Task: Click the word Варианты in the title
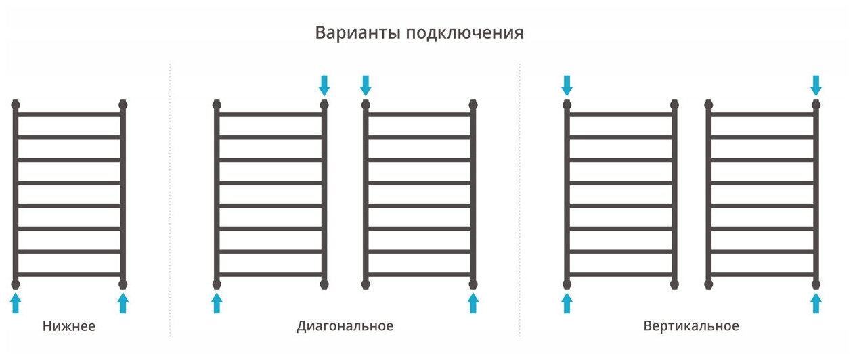coord(357,33)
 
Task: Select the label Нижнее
coord(69,326)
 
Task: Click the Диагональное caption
coord(345,326)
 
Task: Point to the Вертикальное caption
coord(690,326)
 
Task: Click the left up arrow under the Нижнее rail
coord(16,302)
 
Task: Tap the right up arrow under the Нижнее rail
coord(123,302)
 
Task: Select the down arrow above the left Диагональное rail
coord(324,85)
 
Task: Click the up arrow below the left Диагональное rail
coord(217,302)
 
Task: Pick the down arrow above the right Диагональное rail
coord(366,85)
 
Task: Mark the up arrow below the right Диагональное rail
coord(473,302)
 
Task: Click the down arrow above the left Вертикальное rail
coord(567,85)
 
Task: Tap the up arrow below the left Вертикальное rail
coord(567,302)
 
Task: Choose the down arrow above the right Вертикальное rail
coord(816,85)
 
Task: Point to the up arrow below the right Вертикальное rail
coord(816,302)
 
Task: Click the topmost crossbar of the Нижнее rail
coord(69,115)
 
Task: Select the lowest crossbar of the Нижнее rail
coord(69,274)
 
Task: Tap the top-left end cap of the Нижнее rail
coord(16,105)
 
